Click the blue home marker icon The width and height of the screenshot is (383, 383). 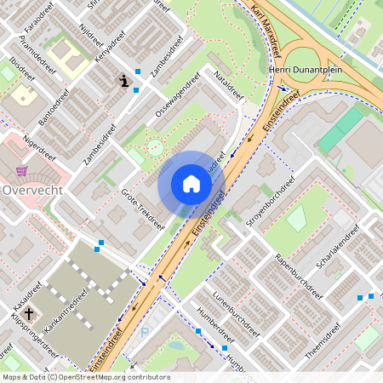tap(191, 184)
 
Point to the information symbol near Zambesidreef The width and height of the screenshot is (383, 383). tap(124, 82)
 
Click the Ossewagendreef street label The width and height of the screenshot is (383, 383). tap(177, 100)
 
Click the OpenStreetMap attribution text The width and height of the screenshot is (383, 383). tap(85, 377)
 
